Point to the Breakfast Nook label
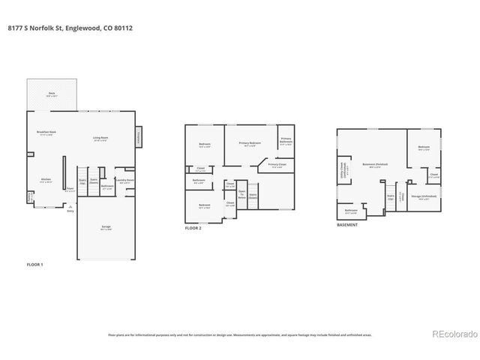[x=47, y=132]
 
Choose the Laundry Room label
[x=125, y=181]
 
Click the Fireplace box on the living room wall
[x=138, y=137]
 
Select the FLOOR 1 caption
[x=35, y=265]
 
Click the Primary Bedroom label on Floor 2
[x=250, y=143]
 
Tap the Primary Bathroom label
[x=286, y=141]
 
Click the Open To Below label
[x=241, y=194]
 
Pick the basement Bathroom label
[x=351, y=211]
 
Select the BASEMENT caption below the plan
[x=347, y=224]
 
